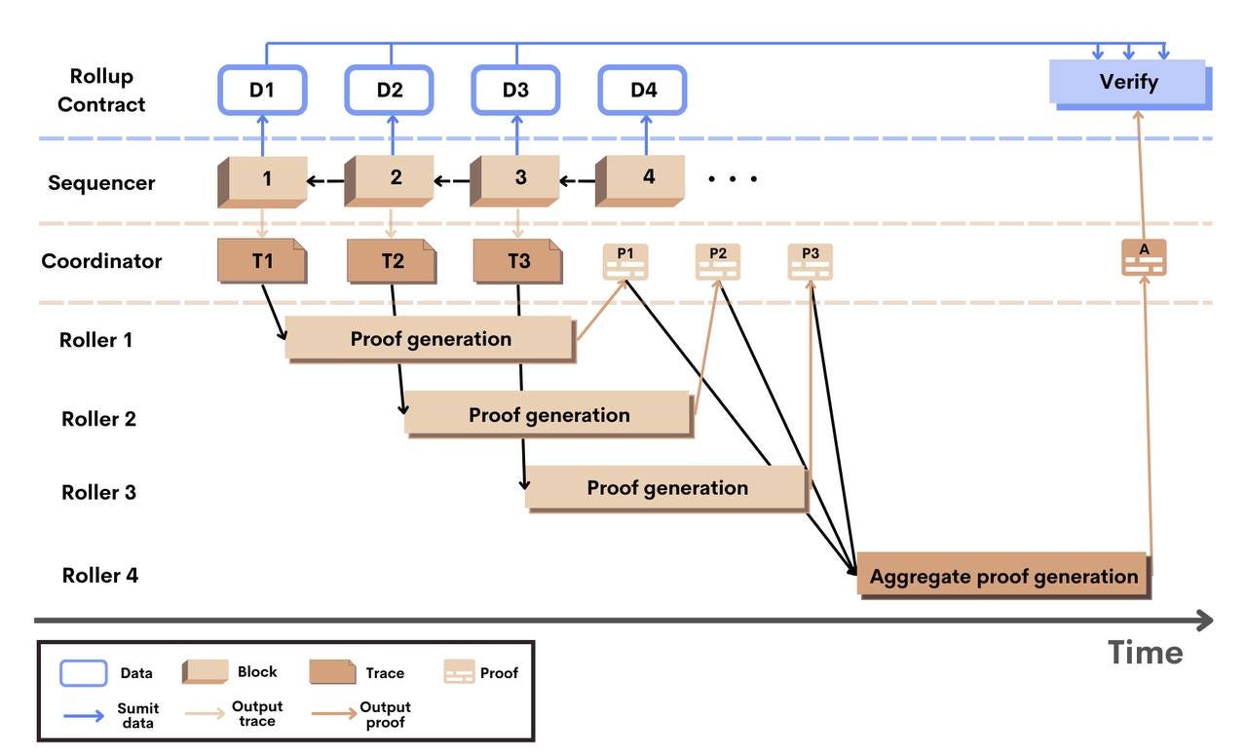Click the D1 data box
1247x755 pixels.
pos(262,90)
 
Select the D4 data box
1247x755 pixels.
pos(643,90)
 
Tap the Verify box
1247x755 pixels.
pos(1128,82)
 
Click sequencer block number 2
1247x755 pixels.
pos(394,179)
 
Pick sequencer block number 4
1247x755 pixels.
pos(646,179)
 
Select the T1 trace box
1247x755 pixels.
pos(262,261)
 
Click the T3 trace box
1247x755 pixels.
pos(517,261)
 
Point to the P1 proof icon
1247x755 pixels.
pos(624,261)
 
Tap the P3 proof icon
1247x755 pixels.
pos(810,261)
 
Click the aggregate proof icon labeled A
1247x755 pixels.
pos(1144,257)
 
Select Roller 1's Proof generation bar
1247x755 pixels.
pos(430,339)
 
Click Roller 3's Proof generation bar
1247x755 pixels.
pos(666,488)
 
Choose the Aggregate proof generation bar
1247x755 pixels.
pos(1002,576)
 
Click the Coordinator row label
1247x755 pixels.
pos(101,261)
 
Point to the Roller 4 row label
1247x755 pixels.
pos(100,575)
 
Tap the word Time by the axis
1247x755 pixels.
pos(1145,652)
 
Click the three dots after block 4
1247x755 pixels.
pos(733,179)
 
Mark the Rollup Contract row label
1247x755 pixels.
pos(101,90)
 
